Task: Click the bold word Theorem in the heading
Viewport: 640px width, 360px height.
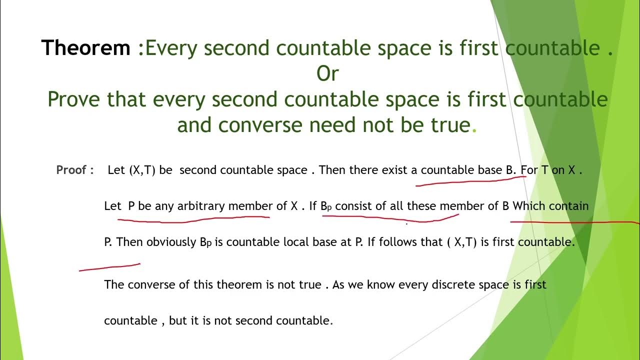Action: click(85, 48)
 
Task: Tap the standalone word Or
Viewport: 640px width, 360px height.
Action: click(327, 74)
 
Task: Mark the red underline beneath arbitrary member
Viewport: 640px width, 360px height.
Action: click(194, 217)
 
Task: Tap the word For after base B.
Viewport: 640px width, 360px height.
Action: click(529, 170)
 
